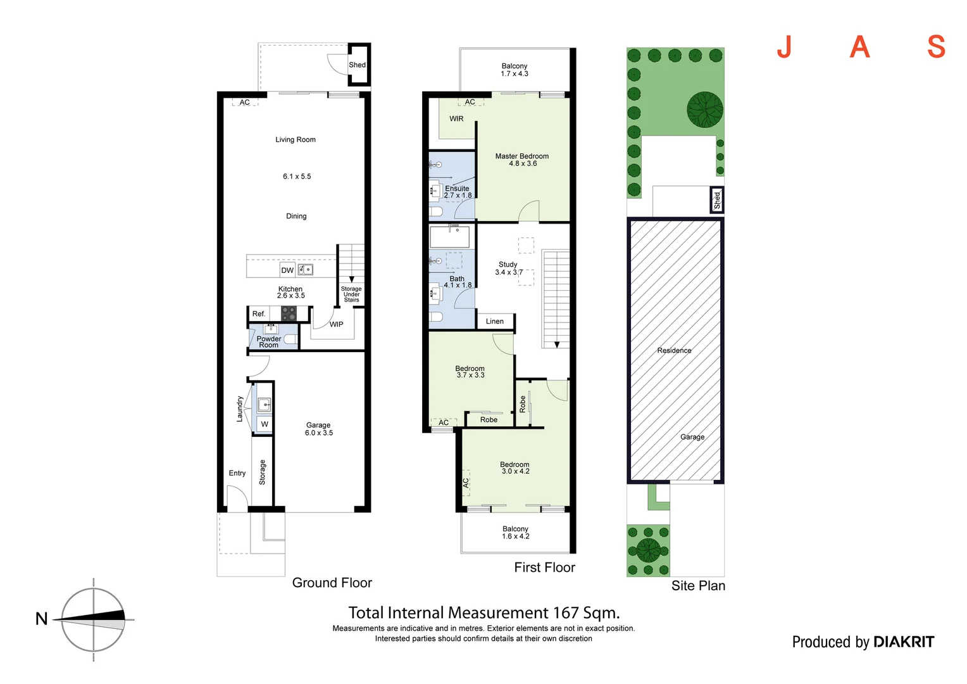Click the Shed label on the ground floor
point(357,65)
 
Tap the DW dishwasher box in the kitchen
point(287,270)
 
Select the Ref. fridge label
point(259,313)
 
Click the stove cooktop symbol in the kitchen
point(289,313)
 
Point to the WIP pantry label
point(336,324)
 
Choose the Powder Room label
point(268,342)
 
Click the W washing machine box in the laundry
point(264,424)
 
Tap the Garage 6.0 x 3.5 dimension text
point(318,433)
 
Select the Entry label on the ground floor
point(237,473)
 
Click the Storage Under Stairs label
point(351,294)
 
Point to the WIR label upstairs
point(456,118)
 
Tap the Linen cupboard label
point(495,322)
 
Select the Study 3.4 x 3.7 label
point(509,269)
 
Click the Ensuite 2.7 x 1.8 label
point(458,192)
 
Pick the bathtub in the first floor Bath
point(449,236)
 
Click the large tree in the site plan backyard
point(704,110)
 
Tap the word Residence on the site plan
point(674,350)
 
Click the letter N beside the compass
point(41,619)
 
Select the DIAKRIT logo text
point(904,642)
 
